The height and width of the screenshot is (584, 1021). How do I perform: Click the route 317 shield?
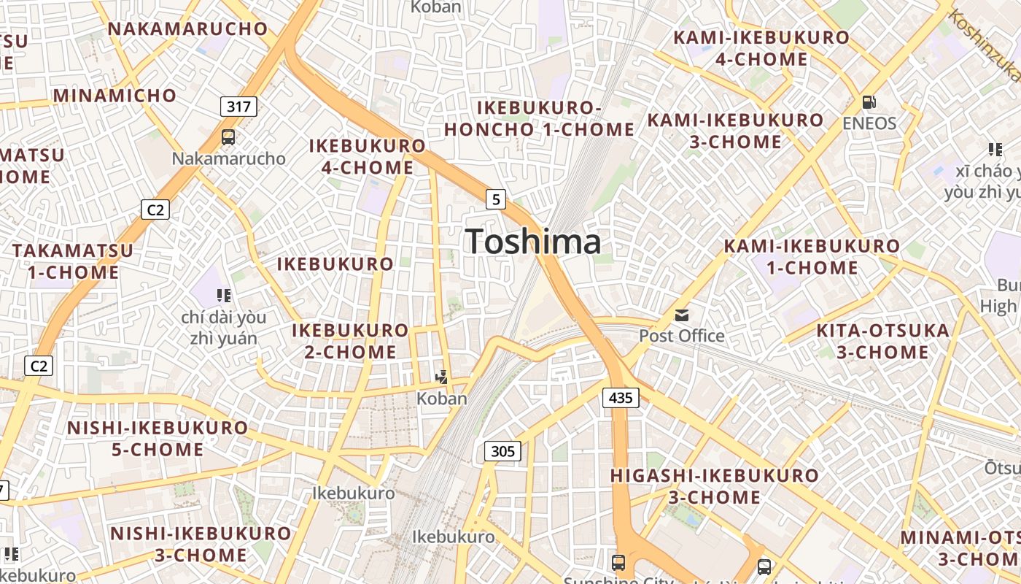coord(238,107)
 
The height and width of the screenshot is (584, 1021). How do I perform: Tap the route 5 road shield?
coord(496,199)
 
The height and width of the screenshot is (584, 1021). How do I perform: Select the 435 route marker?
coord(621,398)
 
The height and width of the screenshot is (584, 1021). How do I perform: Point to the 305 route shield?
coord(503,452)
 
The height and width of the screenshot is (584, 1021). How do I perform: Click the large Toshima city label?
coord(533,242)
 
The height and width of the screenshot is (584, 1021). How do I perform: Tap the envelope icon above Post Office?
coord(682,315)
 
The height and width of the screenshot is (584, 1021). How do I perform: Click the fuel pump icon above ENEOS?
coord(869,102)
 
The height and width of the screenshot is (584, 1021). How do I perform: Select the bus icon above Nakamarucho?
coord(228,137)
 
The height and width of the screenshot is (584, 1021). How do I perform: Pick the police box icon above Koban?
coord(441,377)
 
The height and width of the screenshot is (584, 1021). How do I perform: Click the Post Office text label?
coord(682,336)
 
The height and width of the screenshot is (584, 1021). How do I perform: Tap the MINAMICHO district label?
coord(114,96)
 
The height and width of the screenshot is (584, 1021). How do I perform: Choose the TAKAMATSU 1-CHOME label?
coord(73,261)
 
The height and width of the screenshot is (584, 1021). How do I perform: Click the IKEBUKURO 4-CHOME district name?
coord(368,156)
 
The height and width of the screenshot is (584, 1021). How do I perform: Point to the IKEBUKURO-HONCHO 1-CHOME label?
coord(539,119)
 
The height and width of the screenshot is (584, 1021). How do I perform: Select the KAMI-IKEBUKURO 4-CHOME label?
coord(761,48)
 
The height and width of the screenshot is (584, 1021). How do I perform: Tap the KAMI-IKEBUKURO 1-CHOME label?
coord(812,257)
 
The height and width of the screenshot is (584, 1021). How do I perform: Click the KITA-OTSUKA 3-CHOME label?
coord(883,342)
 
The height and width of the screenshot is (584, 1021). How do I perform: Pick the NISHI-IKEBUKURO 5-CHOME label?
coord(158,439)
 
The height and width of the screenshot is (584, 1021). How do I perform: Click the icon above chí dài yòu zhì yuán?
coord(224,296)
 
